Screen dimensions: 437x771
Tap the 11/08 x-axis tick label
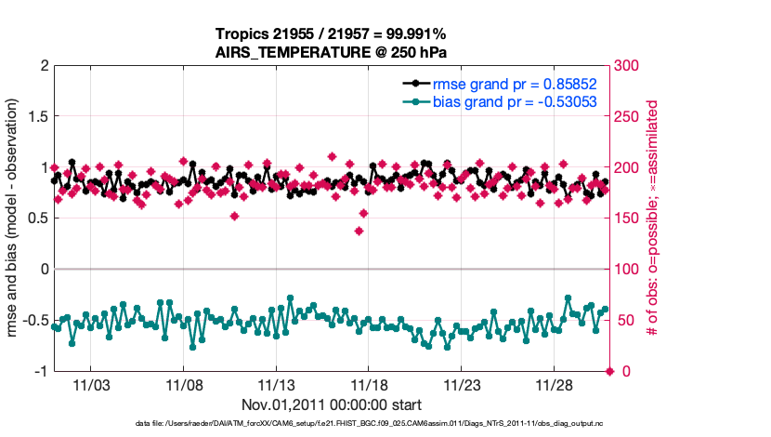tap(184, 385)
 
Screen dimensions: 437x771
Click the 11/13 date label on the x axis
tap(276, 385)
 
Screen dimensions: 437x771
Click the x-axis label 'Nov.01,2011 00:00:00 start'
tap(332, 405)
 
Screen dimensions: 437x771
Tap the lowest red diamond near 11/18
tap(359, 231)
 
